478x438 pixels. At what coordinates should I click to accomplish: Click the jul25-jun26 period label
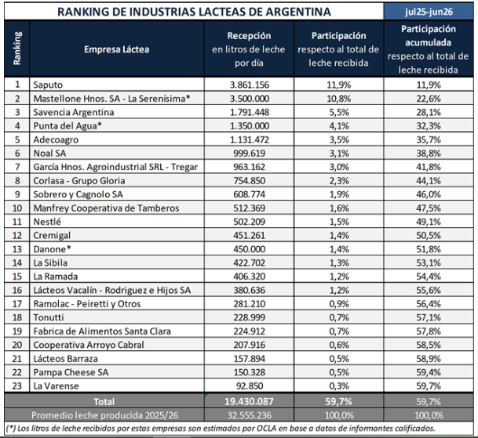(429, 12)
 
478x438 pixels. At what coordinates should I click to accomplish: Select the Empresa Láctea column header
(117, 49)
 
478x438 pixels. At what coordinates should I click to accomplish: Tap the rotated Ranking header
(17, 48)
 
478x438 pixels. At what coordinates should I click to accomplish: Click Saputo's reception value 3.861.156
(250, 85)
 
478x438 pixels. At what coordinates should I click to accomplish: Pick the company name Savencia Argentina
(74, 112)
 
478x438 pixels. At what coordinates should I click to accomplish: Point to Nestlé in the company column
(47, 222)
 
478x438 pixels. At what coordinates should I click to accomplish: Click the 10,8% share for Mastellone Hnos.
(339, 99)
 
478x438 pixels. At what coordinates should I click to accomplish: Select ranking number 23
(17, 386)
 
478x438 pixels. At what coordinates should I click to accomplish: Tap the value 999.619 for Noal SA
(250, 153)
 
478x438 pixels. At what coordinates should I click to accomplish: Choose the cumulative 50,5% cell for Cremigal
(429, 235)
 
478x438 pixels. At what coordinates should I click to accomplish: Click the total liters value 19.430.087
(249, 401)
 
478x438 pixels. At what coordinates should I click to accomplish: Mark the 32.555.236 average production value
(249, 415)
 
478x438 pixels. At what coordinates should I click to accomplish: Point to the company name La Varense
(56, 386)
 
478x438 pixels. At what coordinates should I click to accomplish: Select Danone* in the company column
(52, 249)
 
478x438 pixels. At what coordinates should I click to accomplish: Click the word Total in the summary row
(104, 401)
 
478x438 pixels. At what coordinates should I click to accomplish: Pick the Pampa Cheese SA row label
(71, 372)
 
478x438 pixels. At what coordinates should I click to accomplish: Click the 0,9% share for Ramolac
(339, 304)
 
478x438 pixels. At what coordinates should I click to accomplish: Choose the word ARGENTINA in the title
(297, 12)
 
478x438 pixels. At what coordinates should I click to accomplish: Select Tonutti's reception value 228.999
(250, 317)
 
